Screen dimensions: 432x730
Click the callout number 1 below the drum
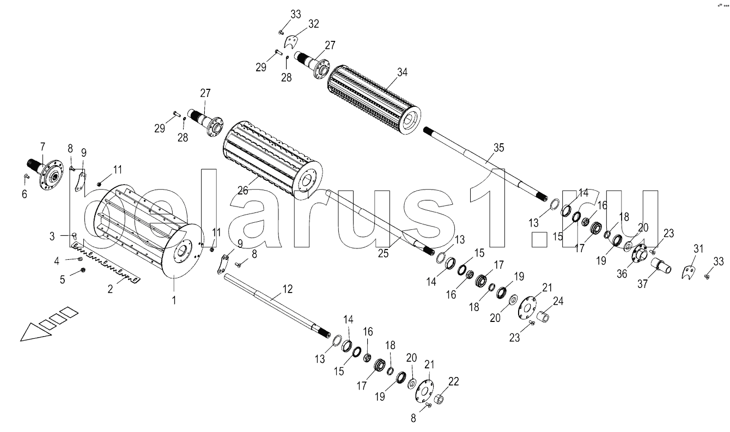point(174,300)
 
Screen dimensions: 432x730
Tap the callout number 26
point(242,190)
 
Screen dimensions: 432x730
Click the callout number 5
point(63,279)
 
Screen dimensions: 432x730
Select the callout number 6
point(24,194)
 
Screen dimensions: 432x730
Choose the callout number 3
point(52,236)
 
